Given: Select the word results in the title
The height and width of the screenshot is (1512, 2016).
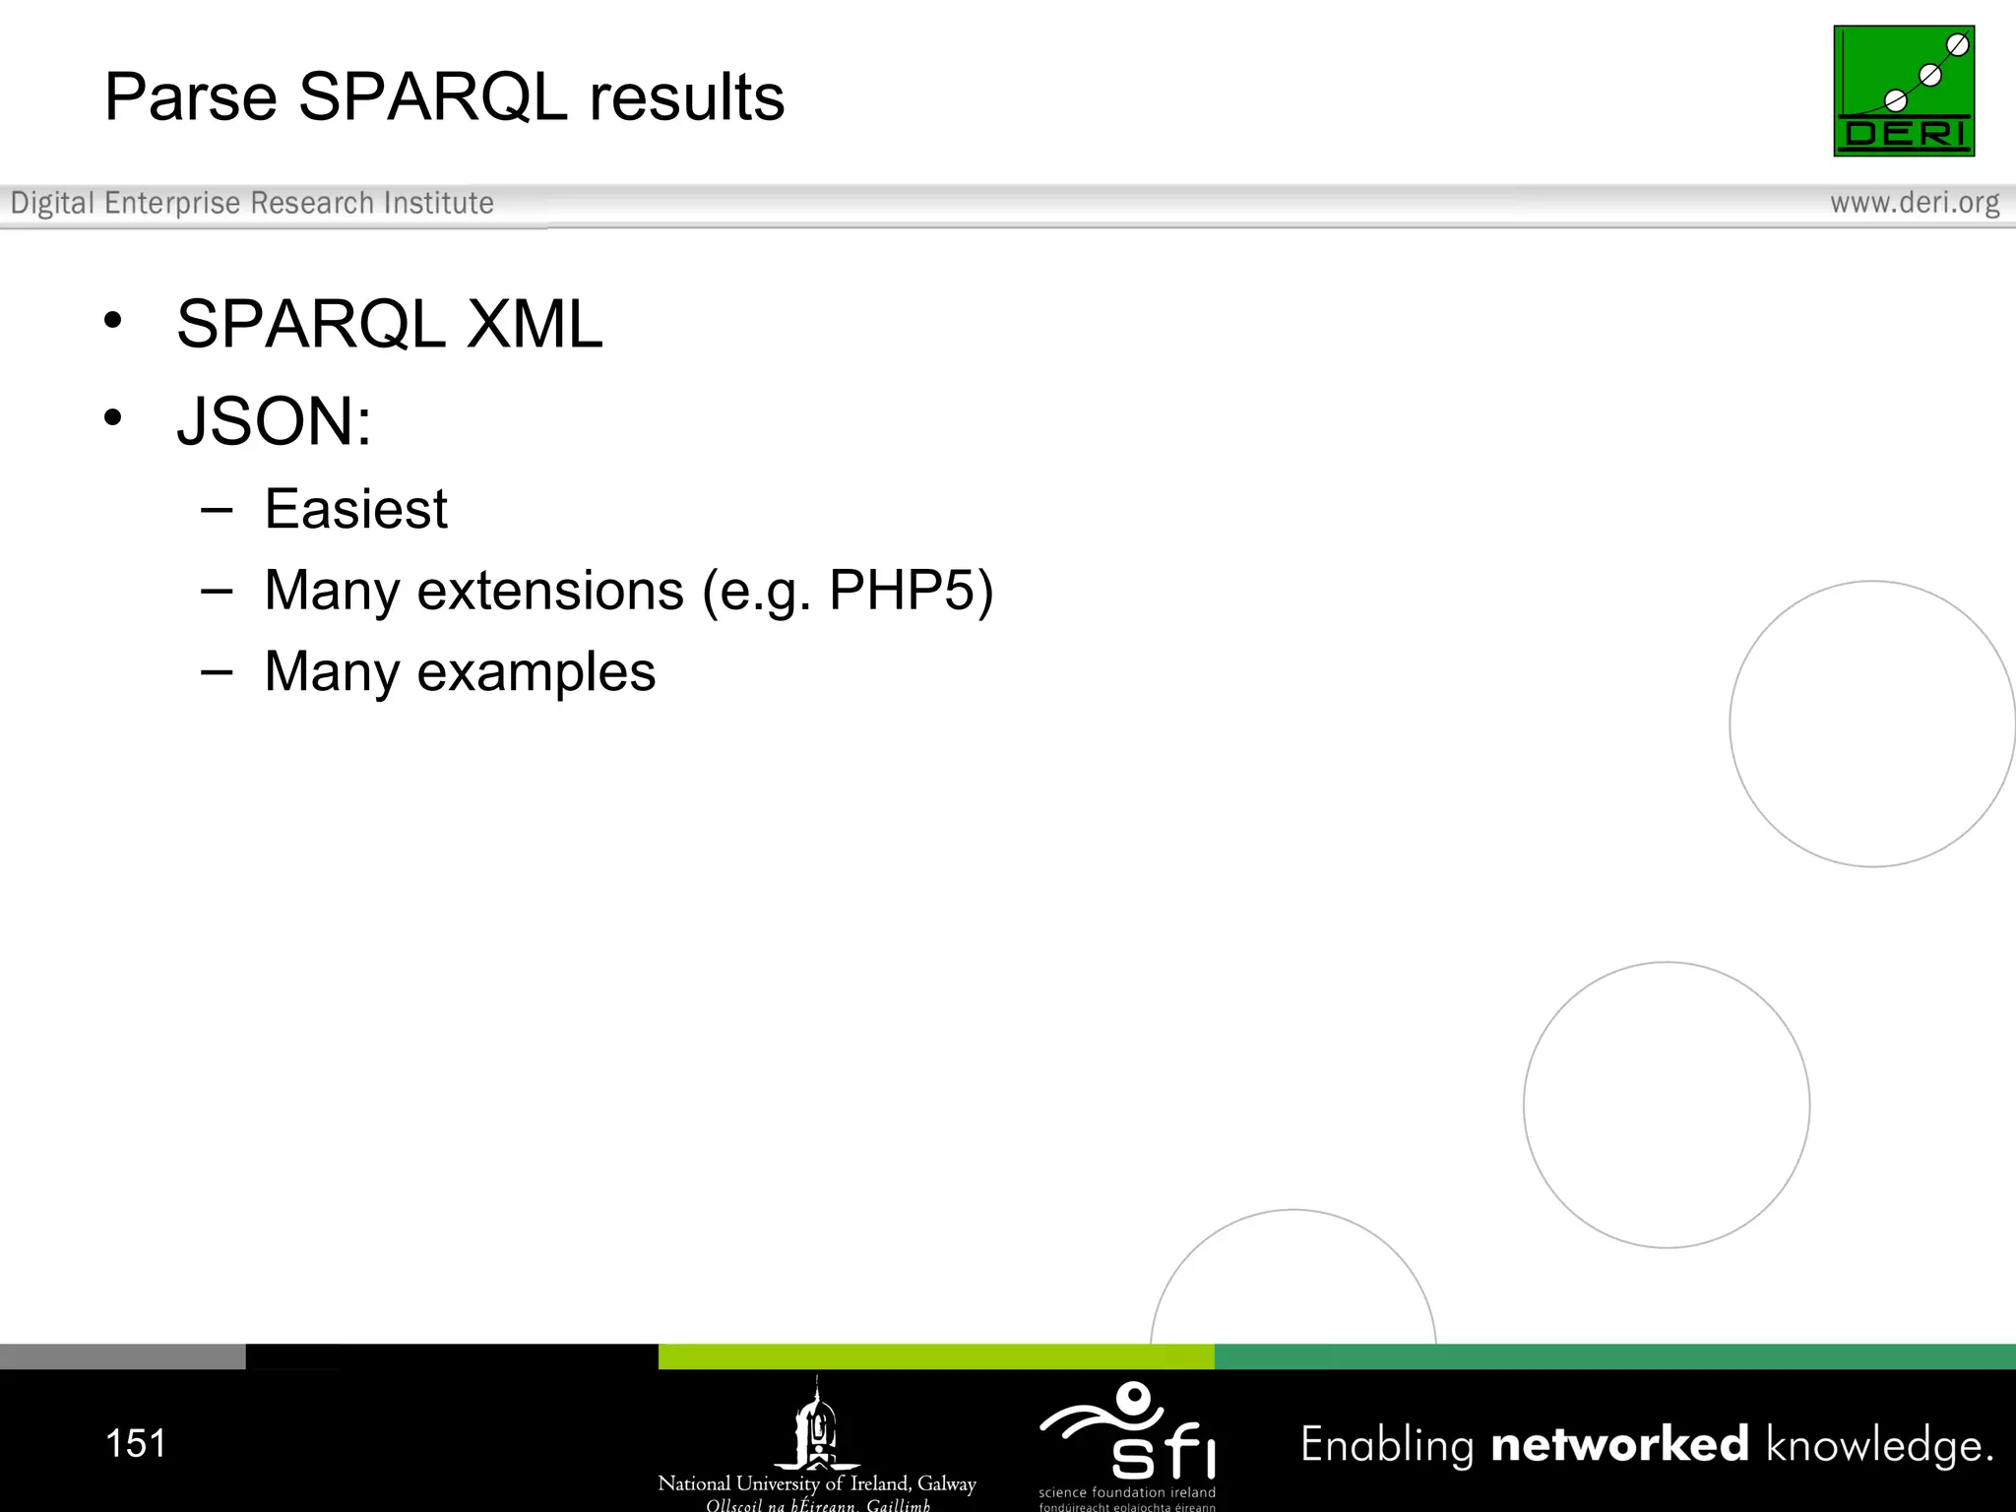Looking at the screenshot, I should coord(686,97).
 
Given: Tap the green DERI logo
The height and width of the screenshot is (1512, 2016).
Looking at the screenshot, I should coord(1903,91).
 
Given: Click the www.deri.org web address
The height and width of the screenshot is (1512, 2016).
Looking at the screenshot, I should coord(1914,203).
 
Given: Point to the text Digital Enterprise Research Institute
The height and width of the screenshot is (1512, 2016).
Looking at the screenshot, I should coord(252,203).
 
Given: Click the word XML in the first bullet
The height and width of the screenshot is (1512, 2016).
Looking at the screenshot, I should coord(534,324).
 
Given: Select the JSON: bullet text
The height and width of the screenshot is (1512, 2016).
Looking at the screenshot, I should coord(274,421).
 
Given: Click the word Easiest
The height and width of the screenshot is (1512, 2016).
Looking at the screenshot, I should coord(355,509).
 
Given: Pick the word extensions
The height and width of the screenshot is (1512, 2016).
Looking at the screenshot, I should coord(549,591).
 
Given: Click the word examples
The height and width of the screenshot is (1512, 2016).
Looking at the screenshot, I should coord(535,672).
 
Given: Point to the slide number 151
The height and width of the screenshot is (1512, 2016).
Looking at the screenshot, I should coord(136,1443).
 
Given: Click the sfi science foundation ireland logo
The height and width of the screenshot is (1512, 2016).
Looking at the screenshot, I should coord(1128,1443).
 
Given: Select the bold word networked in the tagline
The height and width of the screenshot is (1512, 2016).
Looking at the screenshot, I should coord(1619,1444).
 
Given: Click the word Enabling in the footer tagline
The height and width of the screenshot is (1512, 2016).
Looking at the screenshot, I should coord(1386,1445).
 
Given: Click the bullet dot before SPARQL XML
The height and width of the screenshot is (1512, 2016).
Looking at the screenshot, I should coord(113,320).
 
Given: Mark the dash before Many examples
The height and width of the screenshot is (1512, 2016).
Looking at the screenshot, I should coord(216,673).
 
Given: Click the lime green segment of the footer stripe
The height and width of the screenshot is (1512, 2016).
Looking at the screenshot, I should coord(935,1356).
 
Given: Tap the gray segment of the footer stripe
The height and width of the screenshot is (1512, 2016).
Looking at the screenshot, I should coord(122,1356).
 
